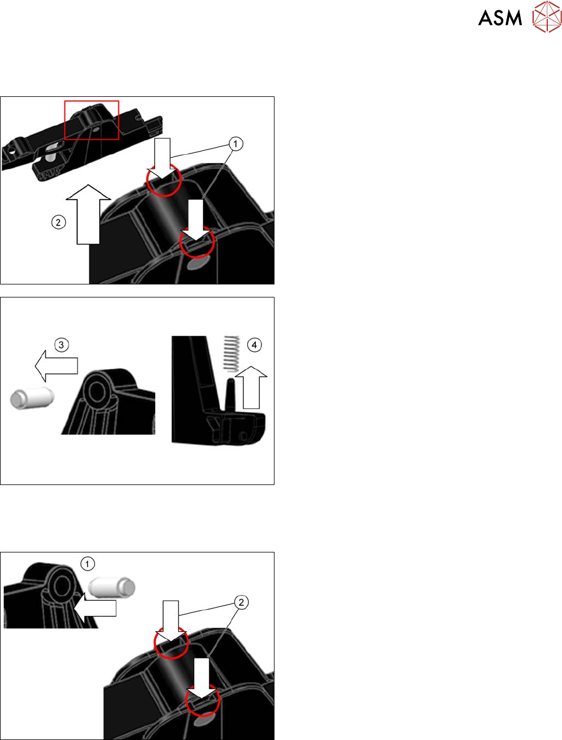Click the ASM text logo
click(500, 18)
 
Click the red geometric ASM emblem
click(547, 16)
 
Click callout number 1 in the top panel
click(235, 144)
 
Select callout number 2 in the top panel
click(58, 223)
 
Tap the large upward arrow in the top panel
click(88, 214)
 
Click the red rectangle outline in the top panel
click(92, 101)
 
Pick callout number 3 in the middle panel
click(61, 345)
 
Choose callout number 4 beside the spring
click(254, 345)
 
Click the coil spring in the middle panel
click(231, 354)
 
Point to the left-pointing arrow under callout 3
click(56, 366)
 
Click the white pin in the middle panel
click(32, 398)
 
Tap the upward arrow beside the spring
click(251, 388)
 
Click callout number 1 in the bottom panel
click(88, 564)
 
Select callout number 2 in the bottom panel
click(241, 602)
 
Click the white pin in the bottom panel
click(112, 587)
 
